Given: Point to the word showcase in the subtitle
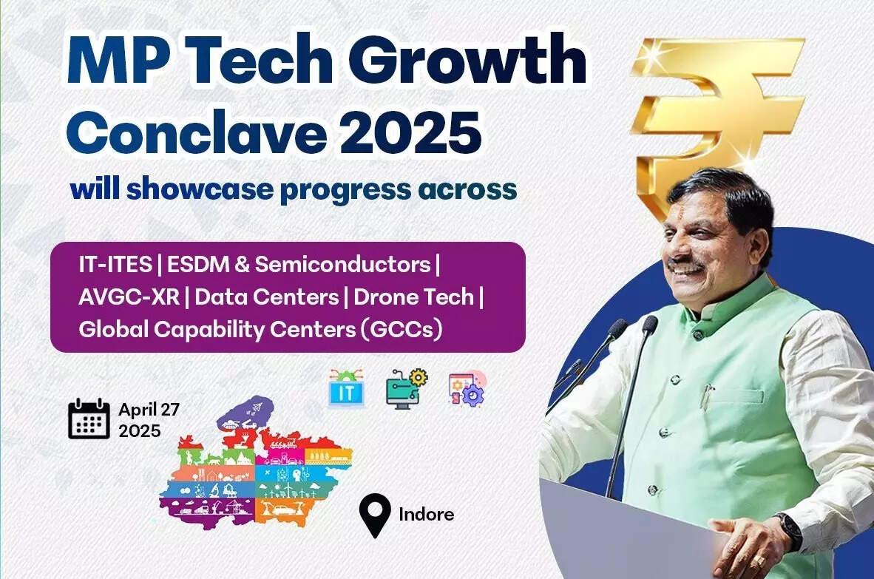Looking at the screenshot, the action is click(200, 189).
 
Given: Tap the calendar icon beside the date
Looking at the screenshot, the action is click(89, 419).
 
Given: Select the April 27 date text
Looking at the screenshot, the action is click(149, 410).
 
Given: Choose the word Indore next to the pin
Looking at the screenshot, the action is click(427, 514).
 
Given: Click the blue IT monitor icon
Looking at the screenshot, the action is click(346, 388).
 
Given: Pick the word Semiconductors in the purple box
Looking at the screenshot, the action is click(343, 264).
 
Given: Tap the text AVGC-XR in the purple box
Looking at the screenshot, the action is click(129, 297).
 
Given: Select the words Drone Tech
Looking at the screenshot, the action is click(413, 297).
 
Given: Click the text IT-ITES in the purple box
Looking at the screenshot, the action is click(115, 264).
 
